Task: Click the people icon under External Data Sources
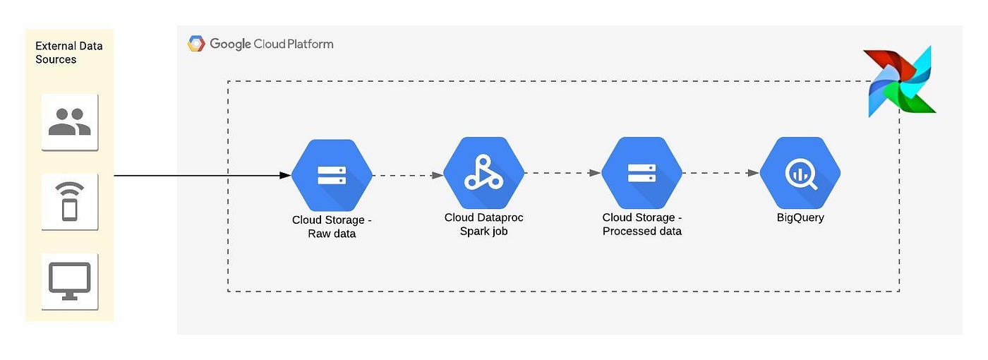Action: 69,121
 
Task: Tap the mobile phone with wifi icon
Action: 69,201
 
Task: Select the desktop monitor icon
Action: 69,281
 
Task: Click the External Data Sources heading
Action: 68,53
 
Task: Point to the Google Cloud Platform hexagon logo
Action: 195,44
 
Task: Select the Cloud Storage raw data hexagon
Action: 332,174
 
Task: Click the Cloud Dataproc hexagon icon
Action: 483,173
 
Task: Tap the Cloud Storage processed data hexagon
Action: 641,173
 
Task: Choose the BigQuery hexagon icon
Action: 800,173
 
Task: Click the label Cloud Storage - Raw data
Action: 332,227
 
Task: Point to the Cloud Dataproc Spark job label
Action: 483,224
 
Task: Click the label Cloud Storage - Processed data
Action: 641,224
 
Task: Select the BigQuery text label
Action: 800,217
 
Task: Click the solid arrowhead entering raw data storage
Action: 287,175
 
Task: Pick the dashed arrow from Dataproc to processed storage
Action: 562,172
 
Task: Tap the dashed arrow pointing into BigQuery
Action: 721,172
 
